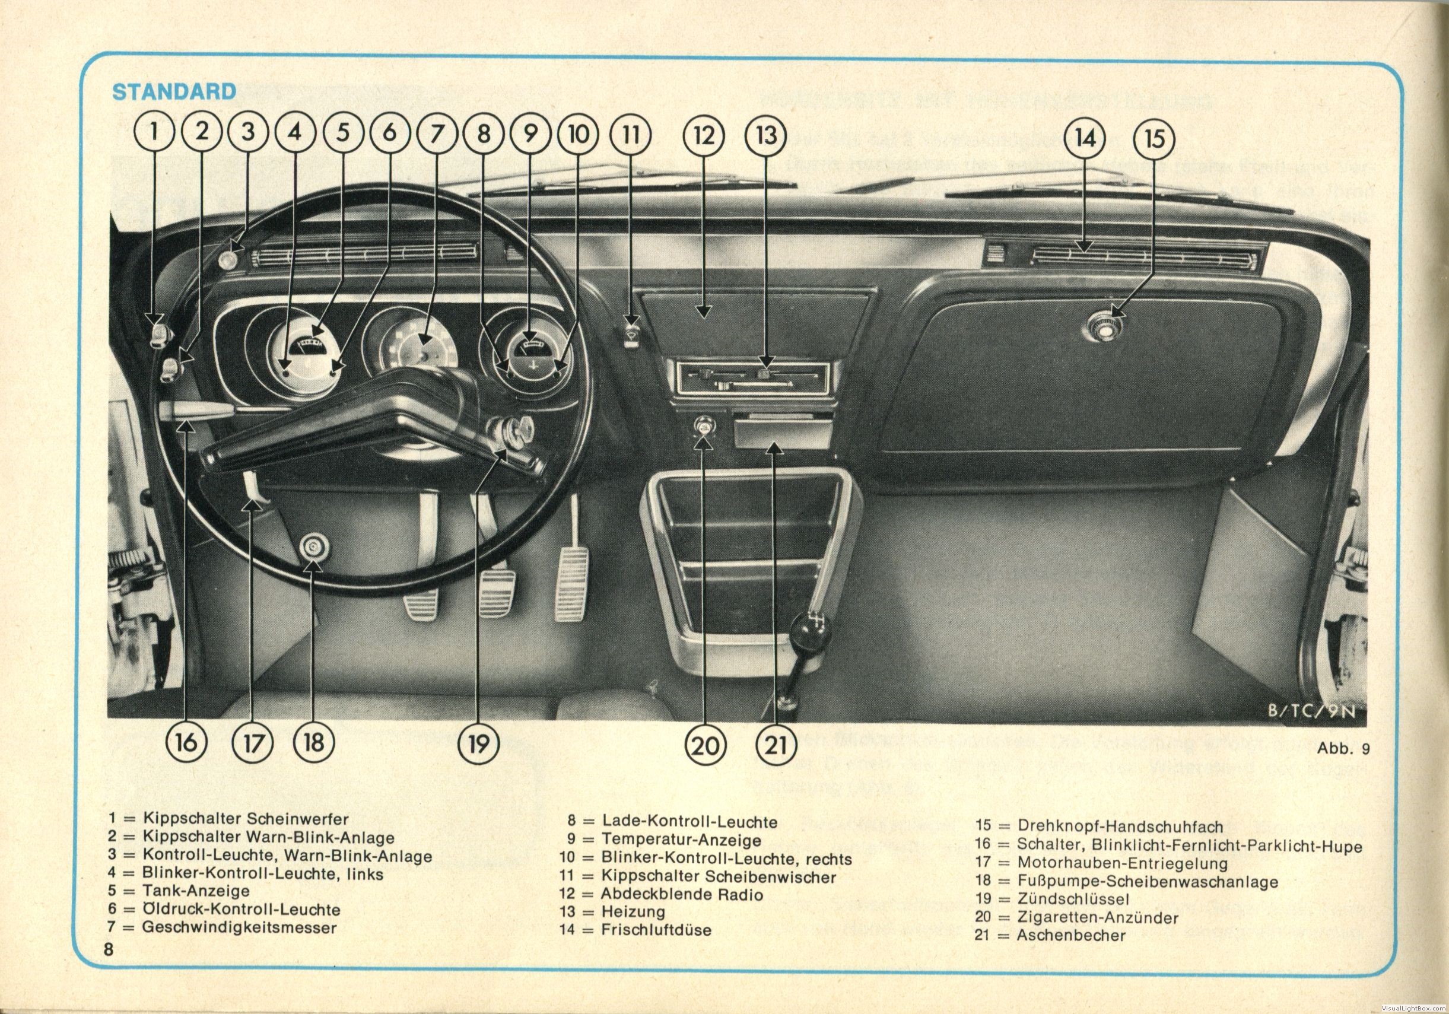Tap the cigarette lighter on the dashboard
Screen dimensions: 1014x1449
pyautogui.click(x=702, y=425)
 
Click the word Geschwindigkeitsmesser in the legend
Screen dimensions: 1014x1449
pyautogui.click(x=239, y=927)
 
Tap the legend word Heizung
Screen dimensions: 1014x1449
pyautogui.click(x=633, y=911)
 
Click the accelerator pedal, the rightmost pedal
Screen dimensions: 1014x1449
pyautogui.click(x=571, y=584)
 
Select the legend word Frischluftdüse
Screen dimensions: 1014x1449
pyautogui.click(x=656, y=929)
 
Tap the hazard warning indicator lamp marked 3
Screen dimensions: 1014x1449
pyautogui.click(x=226, y=259)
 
